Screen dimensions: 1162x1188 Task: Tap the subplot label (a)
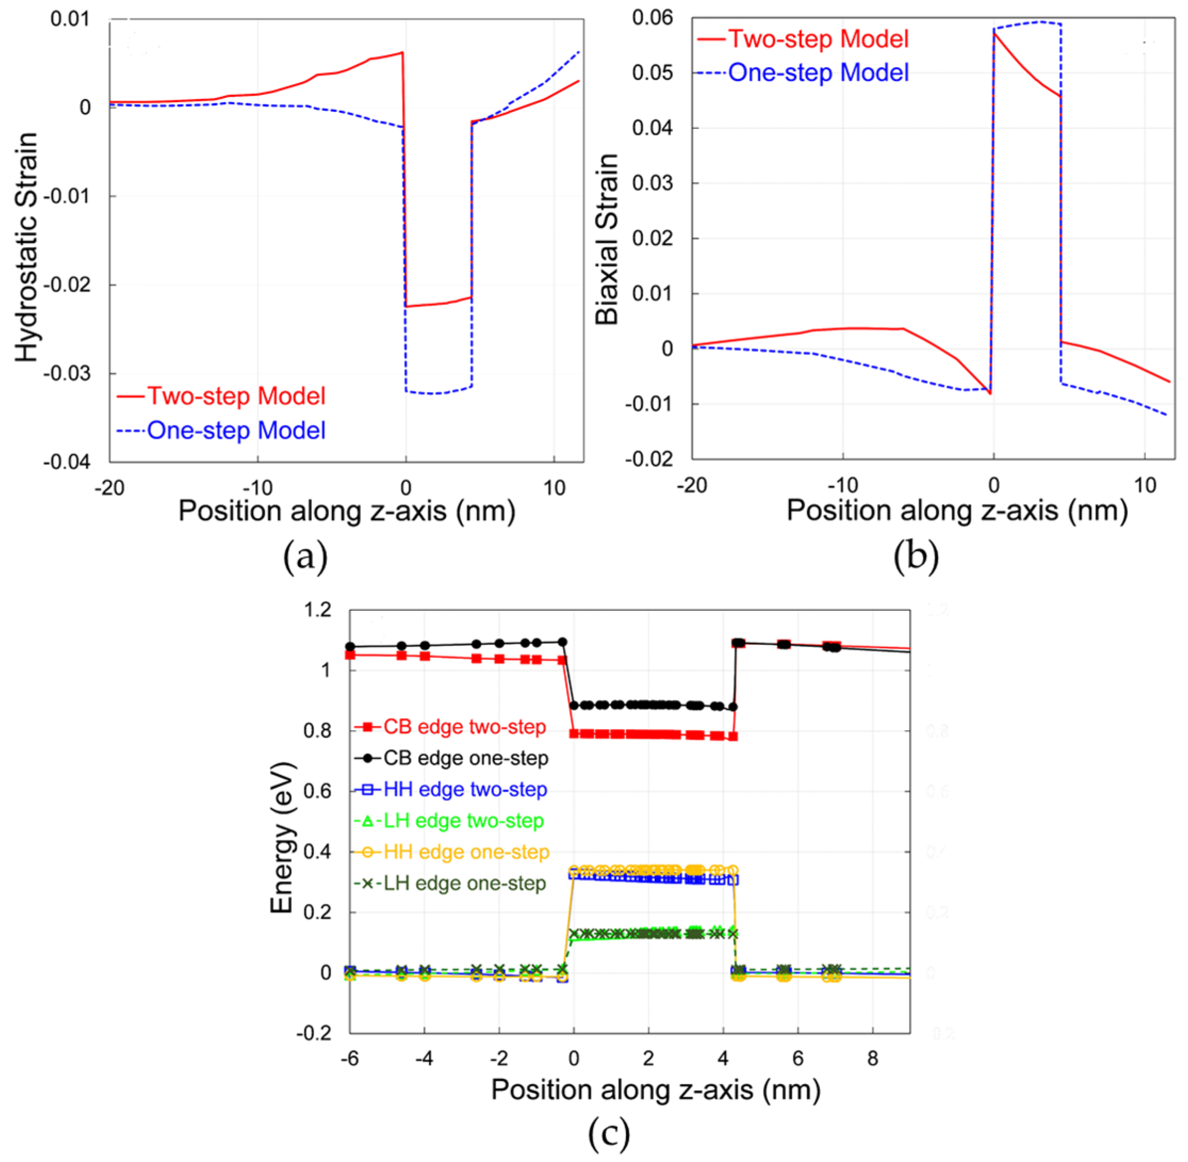(305, 557)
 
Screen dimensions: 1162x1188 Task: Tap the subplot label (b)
(915, 557)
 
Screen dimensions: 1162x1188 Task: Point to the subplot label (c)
(608, 1133)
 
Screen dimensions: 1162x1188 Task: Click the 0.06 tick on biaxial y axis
(652, 18)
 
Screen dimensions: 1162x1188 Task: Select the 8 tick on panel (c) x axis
(873, 1058)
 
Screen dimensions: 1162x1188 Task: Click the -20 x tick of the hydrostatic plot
(109, 488)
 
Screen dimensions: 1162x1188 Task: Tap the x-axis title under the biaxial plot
(956, 510)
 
